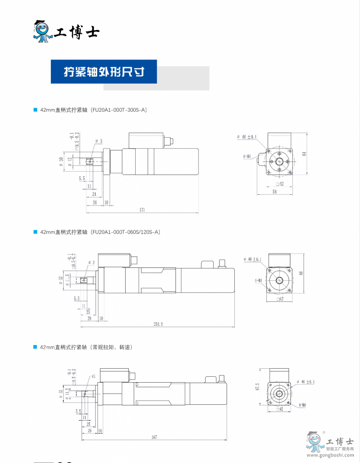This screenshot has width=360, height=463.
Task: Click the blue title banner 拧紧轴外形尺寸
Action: (104, 72)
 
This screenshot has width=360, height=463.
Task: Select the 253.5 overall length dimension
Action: (158, 324)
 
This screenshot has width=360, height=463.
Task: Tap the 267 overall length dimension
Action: (154, 437)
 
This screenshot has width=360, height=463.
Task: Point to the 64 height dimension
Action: (304, 154)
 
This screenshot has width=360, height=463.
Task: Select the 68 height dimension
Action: (301, 273)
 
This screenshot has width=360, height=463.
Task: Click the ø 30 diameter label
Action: (61, 162)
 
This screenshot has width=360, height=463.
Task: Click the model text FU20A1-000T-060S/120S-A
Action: (126, 232)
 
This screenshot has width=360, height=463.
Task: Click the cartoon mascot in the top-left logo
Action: (42, 31)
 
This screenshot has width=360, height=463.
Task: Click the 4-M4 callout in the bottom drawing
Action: (302, 405)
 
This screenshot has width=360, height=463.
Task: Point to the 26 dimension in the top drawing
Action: (94, 202)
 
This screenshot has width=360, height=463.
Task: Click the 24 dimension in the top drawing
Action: (94, 194)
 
